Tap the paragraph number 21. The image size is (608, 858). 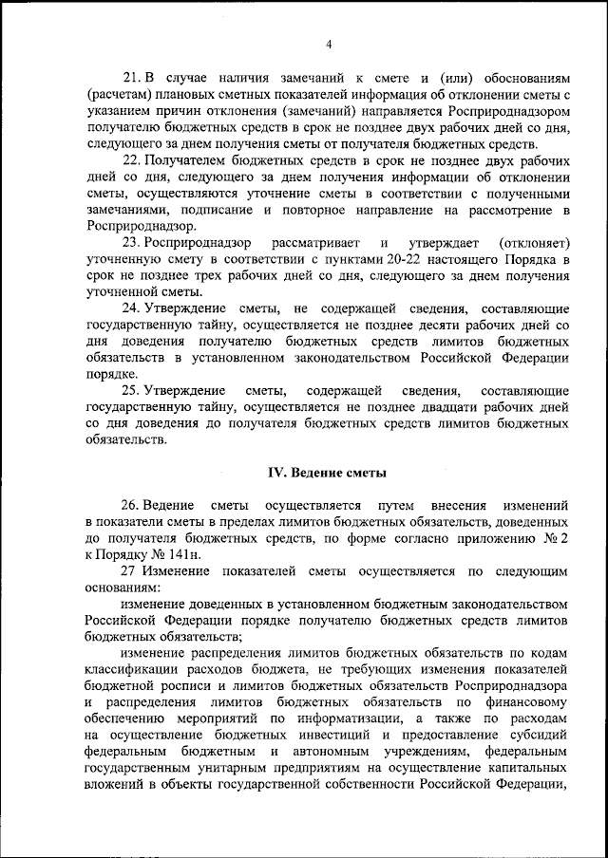pos(133,77)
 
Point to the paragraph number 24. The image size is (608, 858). pos(133,309)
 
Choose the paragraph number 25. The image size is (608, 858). pos(133,391)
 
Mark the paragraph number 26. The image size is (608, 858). pos(133,505)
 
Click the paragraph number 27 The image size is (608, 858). pos(130,572)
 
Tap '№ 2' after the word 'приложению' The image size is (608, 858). pos(557,539)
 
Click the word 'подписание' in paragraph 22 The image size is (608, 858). pos(205,210)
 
